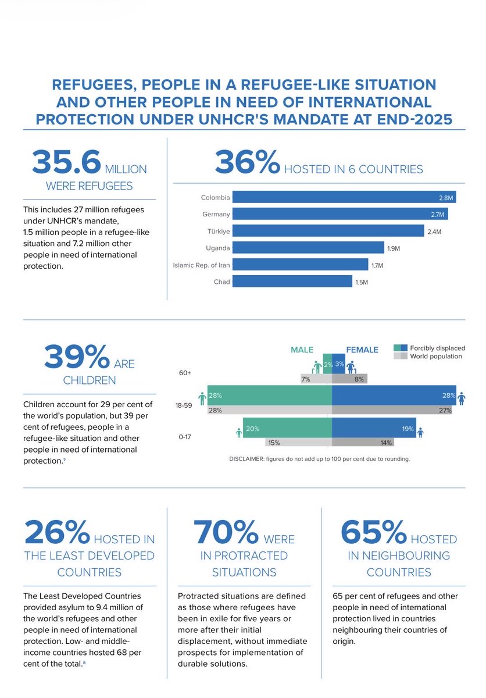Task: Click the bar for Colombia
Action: [344, 197]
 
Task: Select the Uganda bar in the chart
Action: [308, 248]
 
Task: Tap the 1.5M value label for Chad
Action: [362, 282]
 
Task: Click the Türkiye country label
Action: [219, 232]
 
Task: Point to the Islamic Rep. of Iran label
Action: [201, 265]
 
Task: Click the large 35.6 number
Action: [67, 162]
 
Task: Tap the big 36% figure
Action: [248, 162]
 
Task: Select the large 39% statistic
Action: [77, 357]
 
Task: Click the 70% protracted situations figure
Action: [226, 532]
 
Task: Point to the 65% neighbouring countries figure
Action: [374, 532]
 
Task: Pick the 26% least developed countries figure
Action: [58, 532]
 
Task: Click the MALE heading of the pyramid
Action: [302, 350]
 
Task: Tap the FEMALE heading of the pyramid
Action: [362, 350]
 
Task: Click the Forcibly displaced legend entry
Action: [430, 348]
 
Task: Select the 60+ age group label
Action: [185, 373]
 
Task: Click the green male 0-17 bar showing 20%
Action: [287, 428]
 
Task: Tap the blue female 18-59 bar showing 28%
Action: [394, 396]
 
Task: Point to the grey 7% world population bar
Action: [316, 379]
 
